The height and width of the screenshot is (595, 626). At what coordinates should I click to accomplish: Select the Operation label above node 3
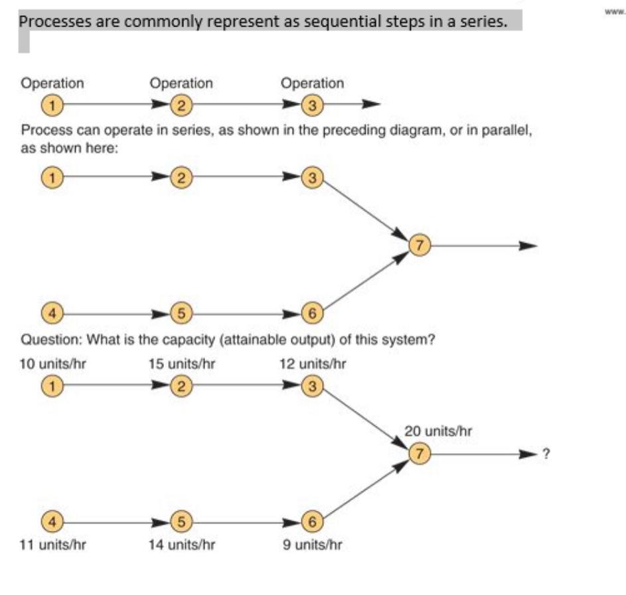[312, 84]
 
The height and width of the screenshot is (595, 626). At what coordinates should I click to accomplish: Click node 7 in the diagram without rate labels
[419, 245]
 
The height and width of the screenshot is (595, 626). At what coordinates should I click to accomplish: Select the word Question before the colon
[48, 340]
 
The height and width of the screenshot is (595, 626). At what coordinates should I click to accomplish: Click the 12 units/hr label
[313, 364]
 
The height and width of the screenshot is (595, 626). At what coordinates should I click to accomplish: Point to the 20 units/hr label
[438, 430]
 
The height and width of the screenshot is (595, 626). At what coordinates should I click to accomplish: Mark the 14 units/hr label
[183, 545]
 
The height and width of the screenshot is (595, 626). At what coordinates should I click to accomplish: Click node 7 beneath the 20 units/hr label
[419, 454]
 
